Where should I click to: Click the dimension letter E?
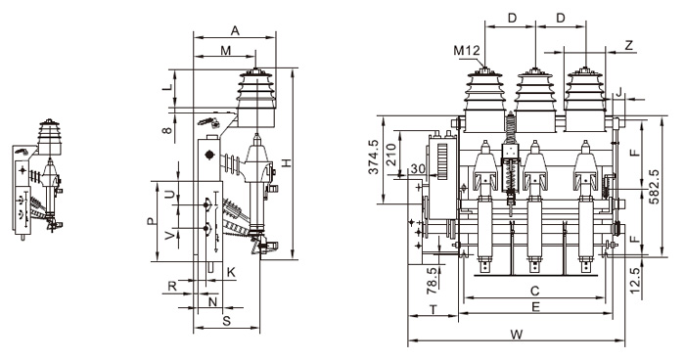[536, 307]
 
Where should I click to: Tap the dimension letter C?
[534, 290]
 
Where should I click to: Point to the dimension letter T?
[433, 309]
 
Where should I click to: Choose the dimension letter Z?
[628, 45]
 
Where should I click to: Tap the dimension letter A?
[235, 29]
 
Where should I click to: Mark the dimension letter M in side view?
[225, 49]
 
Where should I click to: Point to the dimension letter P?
[150, 222]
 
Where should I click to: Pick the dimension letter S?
[226, 320]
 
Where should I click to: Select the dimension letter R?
[172, 287]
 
